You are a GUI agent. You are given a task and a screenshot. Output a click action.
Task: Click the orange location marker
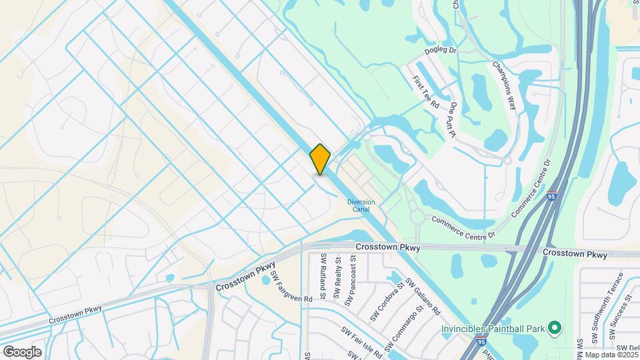(x=320, y=159)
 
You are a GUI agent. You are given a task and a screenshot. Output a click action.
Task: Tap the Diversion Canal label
(x=361, y=205)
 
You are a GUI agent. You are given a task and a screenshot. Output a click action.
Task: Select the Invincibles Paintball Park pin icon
(x=553, y=328)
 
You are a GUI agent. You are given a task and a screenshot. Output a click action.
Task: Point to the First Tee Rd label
(x=425, y=92)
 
